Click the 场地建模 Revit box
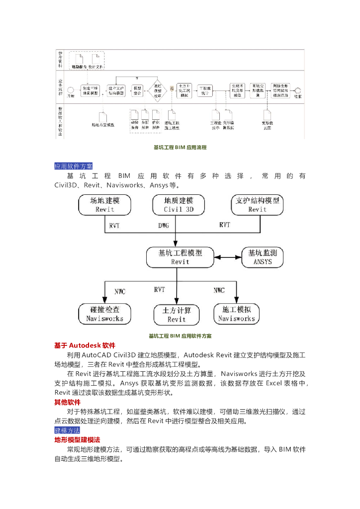coord(105,205)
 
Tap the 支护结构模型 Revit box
coord(258,205)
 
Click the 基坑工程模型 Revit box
coord(180,256)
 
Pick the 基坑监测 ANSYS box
coord(263,256)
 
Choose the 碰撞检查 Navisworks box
coord(104,313)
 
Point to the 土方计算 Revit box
coord(177,314)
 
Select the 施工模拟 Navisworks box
coord(237,313)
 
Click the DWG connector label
coord(164,225)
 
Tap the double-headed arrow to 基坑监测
coord(228,257)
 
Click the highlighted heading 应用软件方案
coord(73,166)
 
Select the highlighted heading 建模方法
coord(67,430)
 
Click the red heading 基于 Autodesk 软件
coord(85,345)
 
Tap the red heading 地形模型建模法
coord(77,440)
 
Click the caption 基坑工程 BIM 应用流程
coord(180,148)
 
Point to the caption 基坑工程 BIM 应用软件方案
coord(180,336)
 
